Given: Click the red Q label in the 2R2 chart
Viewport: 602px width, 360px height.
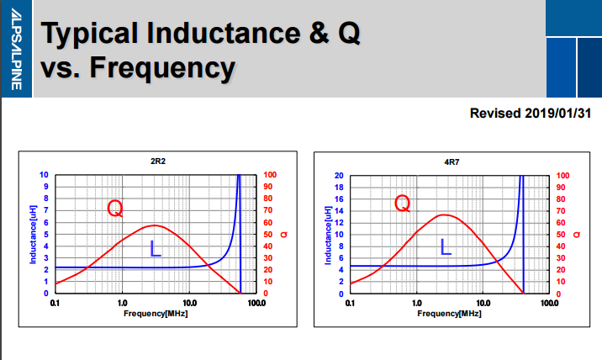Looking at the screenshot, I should pos(116,208).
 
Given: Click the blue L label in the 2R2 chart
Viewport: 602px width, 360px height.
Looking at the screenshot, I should pos(155,249).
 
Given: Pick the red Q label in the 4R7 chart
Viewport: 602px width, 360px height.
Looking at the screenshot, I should pos(403,203).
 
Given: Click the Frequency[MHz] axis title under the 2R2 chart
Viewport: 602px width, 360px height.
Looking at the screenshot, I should pos(156,312).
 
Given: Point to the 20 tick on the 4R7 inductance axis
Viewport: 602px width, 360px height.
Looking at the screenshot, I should pos(340,175).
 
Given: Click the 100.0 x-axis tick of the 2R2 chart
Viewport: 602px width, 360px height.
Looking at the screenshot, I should pos(256,301).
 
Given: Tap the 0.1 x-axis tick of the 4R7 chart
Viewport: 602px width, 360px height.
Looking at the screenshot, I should pos(351,301).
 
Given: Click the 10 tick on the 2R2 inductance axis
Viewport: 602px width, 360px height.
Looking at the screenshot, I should pos(45,175).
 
